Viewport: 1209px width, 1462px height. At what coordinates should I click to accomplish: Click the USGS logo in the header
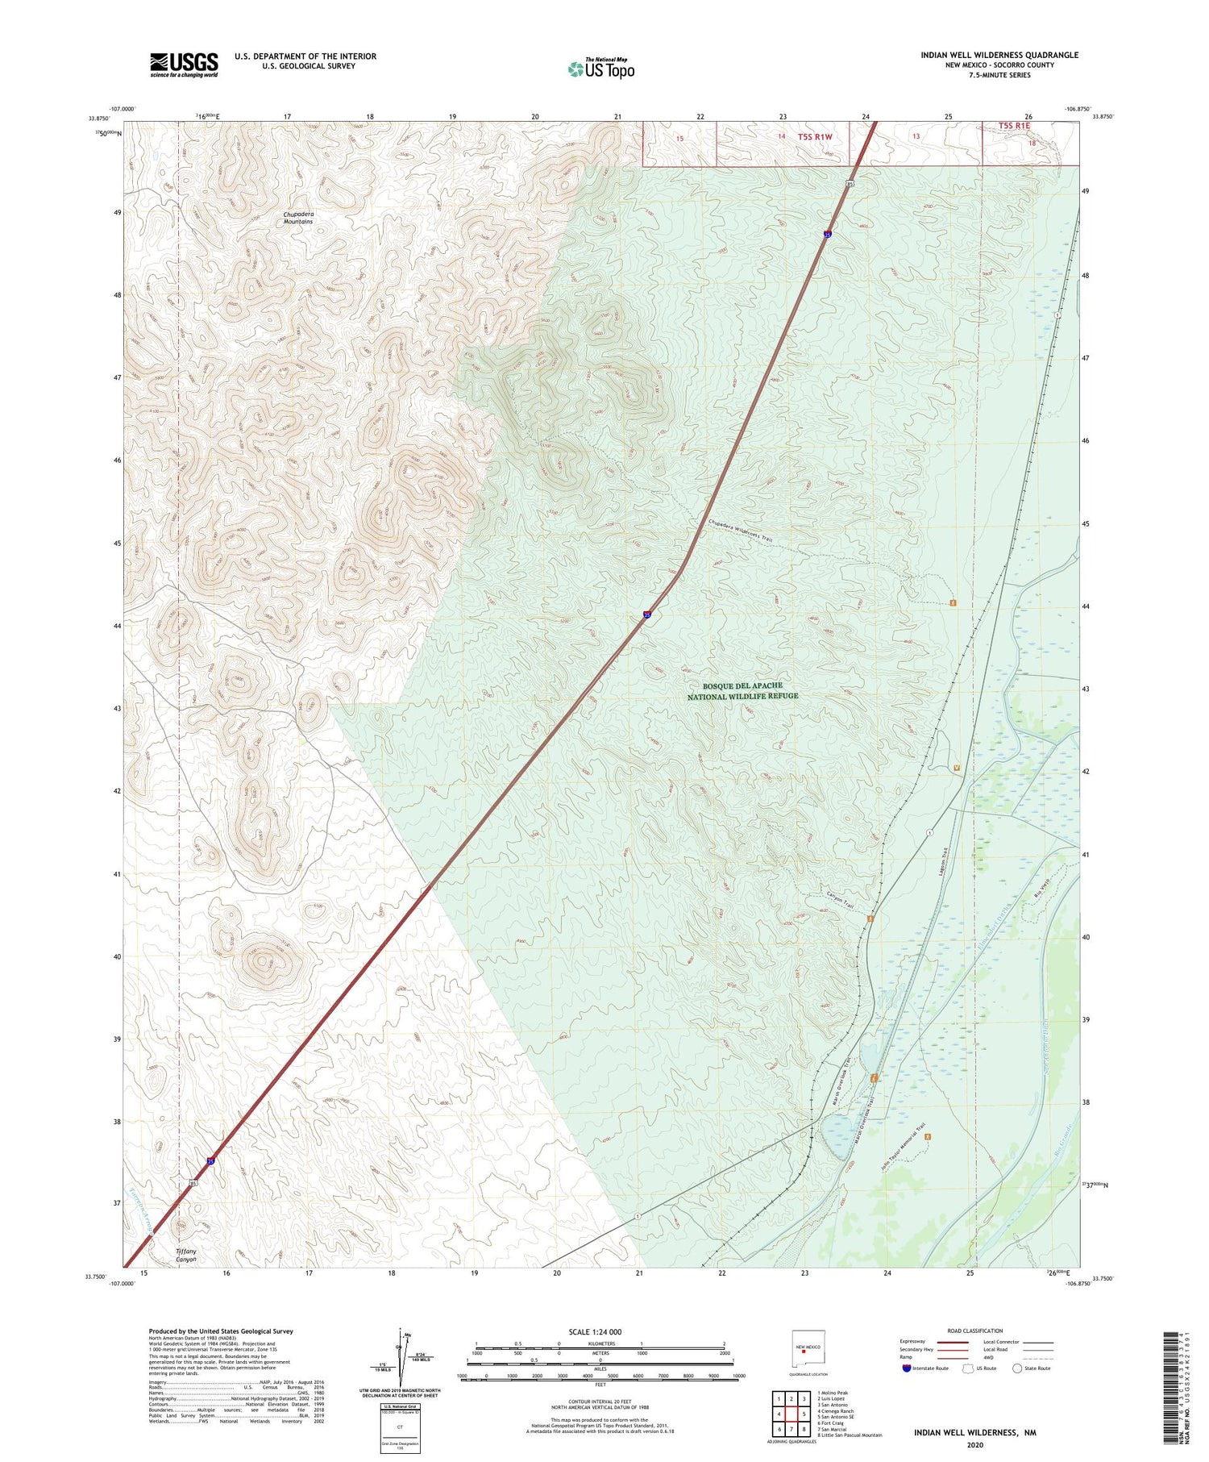click(x=184, y=65)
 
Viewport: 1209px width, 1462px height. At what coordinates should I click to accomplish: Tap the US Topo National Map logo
click(x=601, y=68)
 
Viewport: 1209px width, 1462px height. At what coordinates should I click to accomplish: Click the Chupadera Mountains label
click(x=298, y=218)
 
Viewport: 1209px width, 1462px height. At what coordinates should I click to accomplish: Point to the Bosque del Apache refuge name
click(x=742, y=691)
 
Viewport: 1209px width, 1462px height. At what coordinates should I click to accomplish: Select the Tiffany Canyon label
click(x=186, y=1255)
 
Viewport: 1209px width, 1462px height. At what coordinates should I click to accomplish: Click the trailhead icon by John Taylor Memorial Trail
click(x=929, y=1137)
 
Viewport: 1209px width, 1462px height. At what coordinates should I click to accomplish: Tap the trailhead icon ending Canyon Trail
click(x=870, y=918)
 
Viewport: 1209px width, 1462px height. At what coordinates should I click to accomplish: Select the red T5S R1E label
click(x=1014, y=126)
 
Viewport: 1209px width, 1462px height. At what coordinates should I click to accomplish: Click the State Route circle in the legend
click(x=1017, y=1368)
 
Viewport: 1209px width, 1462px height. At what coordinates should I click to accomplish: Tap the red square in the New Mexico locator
click(x=804, y=1353)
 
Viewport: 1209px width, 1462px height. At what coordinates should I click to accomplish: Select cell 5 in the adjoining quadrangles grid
click(x=804, y=1414)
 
